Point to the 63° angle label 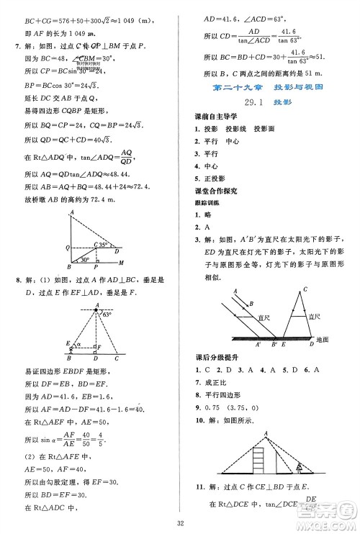coord(107,314)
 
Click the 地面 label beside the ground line coord(322,338)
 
